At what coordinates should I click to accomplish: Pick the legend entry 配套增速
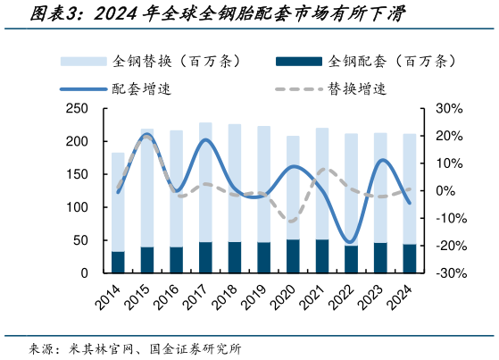pyautogui.click(x=138, y=88)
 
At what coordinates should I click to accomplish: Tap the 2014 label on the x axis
pyautogui.click(x=110, y=292)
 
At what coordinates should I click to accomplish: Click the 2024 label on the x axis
pyautogui.click(x=403, y=292)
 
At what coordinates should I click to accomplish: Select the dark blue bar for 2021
pyautogui.click(x=322, y=256)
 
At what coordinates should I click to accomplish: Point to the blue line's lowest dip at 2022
pyautogui.click(x=351, y=242)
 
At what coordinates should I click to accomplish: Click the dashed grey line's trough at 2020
pyautogui.click(x=291, y=221)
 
